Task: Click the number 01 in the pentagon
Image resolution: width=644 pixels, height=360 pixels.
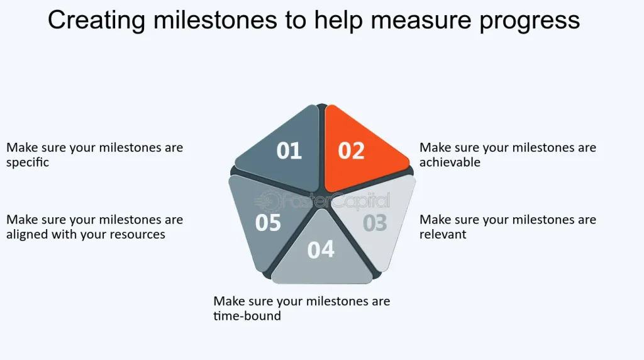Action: point(289,150)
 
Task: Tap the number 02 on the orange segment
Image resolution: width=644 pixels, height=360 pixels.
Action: point(351,150)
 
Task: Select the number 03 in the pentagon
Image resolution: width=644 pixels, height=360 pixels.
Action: point(375,223)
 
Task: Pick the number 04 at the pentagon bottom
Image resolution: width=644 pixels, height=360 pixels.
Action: point(321,249)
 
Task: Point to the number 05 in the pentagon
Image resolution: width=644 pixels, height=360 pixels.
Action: point(268,223)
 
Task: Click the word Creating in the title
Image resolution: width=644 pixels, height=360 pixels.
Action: point(96,20)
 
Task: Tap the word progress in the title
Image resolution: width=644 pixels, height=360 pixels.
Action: point(530,21)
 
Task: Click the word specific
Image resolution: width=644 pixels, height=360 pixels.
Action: point(28,162)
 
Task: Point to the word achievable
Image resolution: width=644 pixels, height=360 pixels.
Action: point(450,162)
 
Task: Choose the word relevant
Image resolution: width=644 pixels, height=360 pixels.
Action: point(443,234)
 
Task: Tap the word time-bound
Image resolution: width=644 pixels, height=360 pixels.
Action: point(247,315)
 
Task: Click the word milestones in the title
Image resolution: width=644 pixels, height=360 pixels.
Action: point(215,20)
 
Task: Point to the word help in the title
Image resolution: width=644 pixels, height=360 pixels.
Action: point(338,21)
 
